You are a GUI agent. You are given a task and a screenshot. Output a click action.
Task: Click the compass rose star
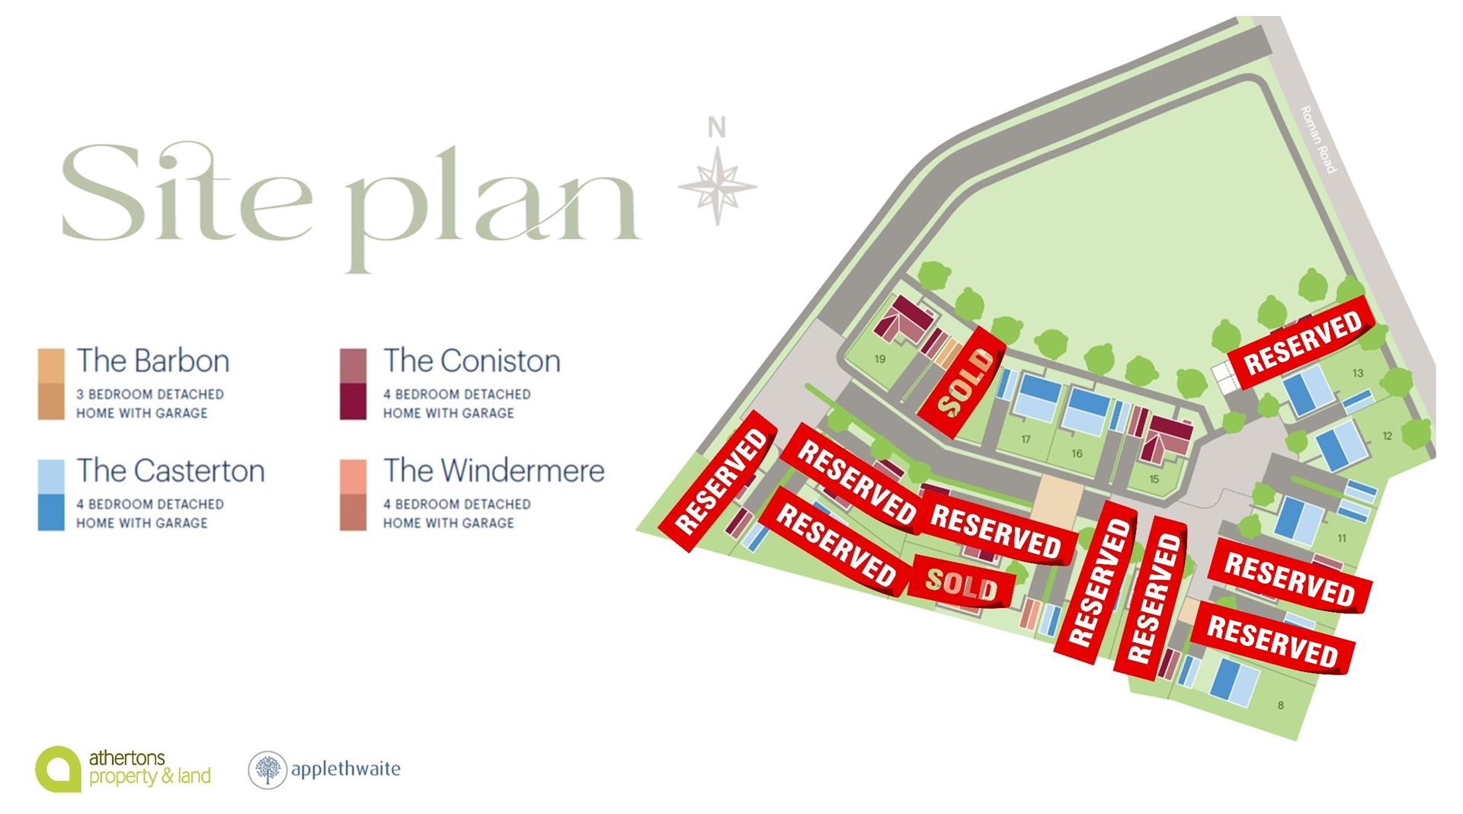[716, 185]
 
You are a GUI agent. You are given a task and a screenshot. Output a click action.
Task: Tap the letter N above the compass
[716, 128]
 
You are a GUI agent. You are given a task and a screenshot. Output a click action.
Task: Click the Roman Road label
[1318, 139]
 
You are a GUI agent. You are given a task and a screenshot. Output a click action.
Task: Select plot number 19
[880, 359]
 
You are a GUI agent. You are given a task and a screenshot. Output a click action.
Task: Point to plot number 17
[1026, 439]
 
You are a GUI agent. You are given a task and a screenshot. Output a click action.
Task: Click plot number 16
[1077, 453]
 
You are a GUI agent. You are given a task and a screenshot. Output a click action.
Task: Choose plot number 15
[1154, 479]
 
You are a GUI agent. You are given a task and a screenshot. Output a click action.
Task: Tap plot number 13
[1358, 373]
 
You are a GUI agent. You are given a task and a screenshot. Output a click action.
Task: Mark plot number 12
[1387, 436]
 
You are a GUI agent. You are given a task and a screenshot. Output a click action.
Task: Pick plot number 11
[1341, 538]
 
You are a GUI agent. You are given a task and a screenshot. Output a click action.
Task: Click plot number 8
[1280, 705]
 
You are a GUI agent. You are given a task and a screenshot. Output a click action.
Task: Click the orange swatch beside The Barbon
[51, 384]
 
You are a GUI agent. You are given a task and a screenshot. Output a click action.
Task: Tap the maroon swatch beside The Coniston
[353, 384]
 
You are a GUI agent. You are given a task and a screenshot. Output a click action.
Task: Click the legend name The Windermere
[494, 470]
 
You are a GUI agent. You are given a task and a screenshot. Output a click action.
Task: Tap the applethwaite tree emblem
[267, 769]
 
